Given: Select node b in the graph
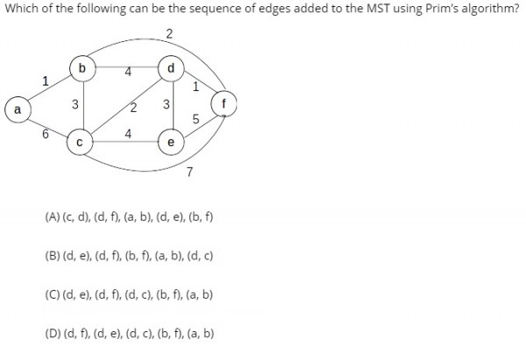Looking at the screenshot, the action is tap(82, 68).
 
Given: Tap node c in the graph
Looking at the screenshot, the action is tap(80, 142).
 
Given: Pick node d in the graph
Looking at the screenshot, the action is tap(171, 68).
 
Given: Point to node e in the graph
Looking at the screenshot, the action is tap(171, 142).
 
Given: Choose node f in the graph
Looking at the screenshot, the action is tap(224, 103).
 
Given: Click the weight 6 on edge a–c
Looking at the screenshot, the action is tap(46, 134).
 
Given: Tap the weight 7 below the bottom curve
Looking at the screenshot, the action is tap(189, 172).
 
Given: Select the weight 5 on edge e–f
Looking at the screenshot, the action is tap(195, 119).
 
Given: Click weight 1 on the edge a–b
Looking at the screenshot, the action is tap(46, 81).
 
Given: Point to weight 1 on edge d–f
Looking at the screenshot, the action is tap(195, 87).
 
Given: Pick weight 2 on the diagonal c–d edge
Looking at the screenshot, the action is tap(133, 108).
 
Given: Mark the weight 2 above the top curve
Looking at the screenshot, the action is tap(169, 34).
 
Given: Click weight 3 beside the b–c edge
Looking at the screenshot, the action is tap(75, 104).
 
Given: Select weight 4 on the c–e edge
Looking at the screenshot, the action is tap(128, 134).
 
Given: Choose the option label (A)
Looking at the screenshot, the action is tap(52, 217).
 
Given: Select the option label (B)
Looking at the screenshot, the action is tap(52, 256).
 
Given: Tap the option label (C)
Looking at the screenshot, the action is tap(52, 294).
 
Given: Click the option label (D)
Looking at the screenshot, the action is tap(53, 334).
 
